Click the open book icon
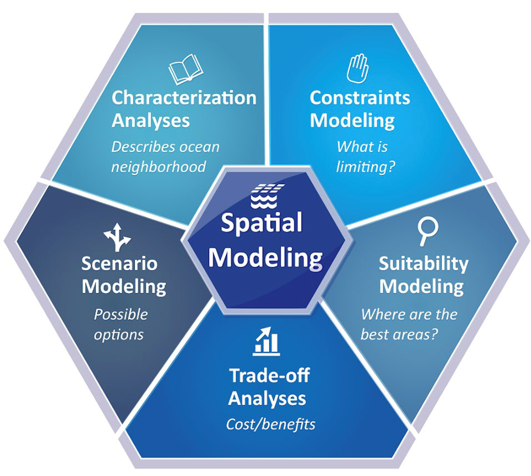point(185,69)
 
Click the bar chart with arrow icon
point(266,341)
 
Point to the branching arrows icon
point(117,237)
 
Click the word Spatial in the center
point(261,223)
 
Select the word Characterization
point(184,98)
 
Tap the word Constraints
point(359,98)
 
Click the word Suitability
point(423,263)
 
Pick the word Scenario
point(119,263)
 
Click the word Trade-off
point(270,376)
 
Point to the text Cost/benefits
point(270,424)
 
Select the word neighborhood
point(158,167)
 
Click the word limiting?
point(366,167)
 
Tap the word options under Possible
point(118,335)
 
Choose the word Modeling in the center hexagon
point(265,258)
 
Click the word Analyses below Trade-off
point(267,398)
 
